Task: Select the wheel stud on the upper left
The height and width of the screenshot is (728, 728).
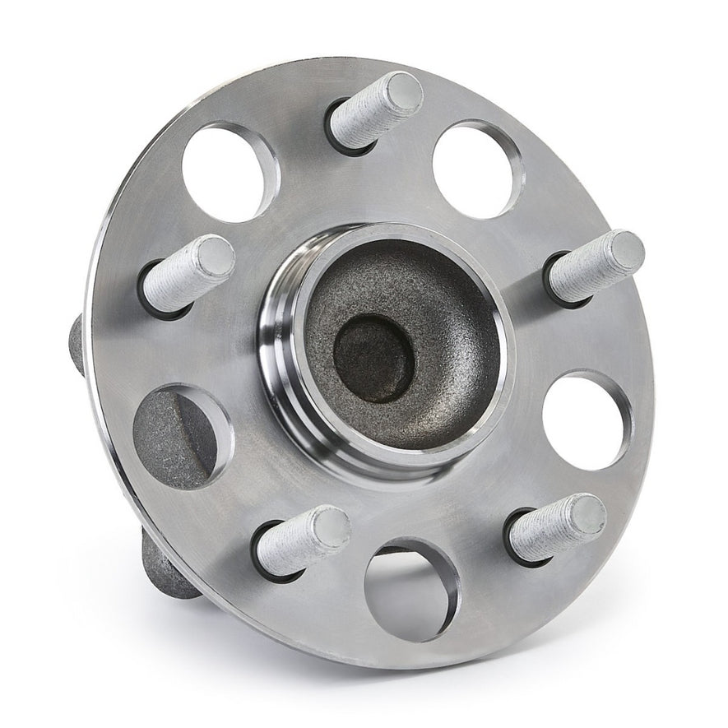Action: click(188, 275)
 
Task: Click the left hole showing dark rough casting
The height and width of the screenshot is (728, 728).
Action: click(179, 436)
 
